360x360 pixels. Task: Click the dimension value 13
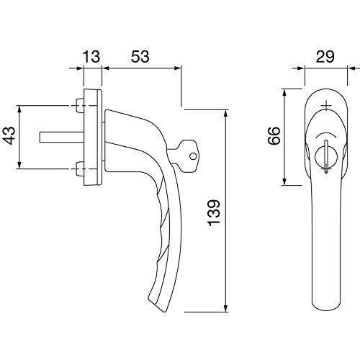91,57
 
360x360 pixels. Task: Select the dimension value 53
140,57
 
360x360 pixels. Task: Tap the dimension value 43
10,135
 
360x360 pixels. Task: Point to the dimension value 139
214,212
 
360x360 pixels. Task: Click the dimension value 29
325,57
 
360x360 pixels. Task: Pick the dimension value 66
274,135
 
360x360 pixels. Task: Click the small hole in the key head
193,156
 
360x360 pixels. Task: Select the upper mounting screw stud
79,106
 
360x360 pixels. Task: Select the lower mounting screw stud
79,169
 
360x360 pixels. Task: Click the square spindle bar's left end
40,137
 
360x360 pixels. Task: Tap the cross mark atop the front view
325,105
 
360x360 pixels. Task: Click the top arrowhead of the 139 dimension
225,114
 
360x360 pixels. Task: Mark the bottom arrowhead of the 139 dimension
225,307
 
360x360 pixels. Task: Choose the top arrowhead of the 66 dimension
284,94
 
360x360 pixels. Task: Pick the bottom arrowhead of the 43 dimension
19,164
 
